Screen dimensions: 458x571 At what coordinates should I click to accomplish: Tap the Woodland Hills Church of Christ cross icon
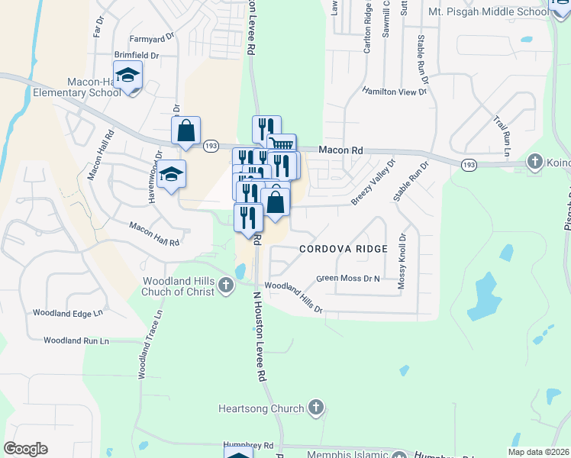pos(225,285)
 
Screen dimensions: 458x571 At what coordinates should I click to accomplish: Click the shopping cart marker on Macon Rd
pos(282,144)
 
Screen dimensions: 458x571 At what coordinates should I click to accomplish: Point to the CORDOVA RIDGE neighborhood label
pos(344,249)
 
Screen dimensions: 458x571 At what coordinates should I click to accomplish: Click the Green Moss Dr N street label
pos(348,279)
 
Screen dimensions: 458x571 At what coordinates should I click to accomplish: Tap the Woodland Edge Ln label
pos(67,313)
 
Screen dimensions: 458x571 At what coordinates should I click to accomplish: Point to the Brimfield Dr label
pos(136,56)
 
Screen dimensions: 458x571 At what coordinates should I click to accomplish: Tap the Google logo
pos(25,448)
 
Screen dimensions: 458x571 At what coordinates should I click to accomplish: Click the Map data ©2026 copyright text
pos(538,452)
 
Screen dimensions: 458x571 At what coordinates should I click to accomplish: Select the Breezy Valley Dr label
pos(373,182)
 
